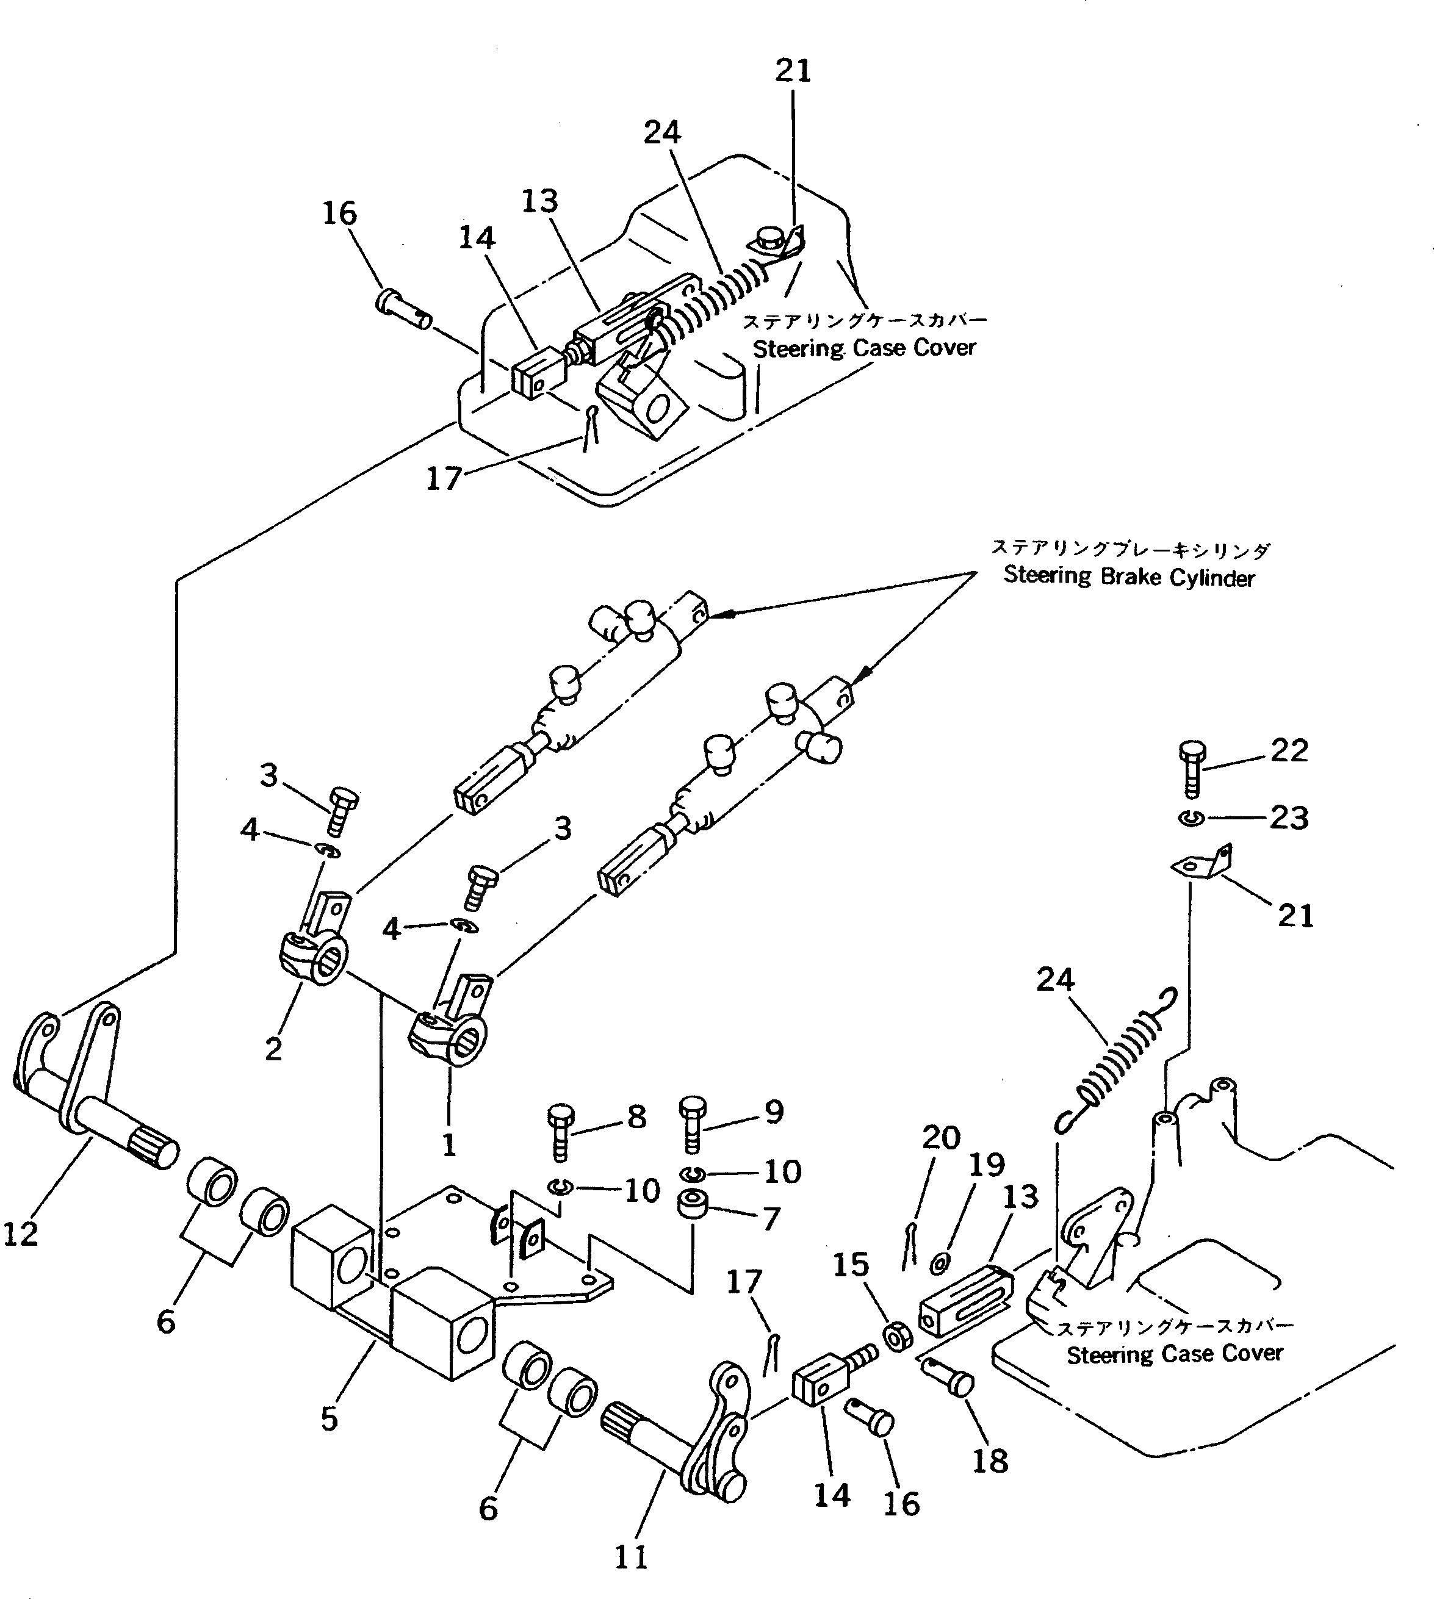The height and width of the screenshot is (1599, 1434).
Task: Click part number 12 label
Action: (21, 1234)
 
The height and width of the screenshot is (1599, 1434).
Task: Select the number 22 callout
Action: (1289, 750)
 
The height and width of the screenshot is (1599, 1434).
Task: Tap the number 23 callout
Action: (1289, 817)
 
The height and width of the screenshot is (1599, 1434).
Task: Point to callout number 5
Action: (330, 1418)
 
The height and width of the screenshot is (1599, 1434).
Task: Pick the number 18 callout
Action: (990, 1461)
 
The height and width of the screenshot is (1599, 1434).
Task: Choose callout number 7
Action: (771, 1218)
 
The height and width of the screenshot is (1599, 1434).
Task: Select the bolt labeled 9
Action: (693, 1126)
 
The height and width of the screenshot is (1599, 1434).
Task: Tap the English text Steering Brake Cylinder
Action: (1128, 577)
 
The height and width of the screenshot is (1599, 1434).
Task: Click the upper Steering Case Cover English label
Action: (864, 347)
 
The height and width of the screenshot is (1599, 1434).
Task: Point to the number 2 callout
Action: (273, 1048)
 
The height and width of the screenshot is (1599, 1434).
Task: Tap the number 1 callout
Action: (449, 1144)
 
